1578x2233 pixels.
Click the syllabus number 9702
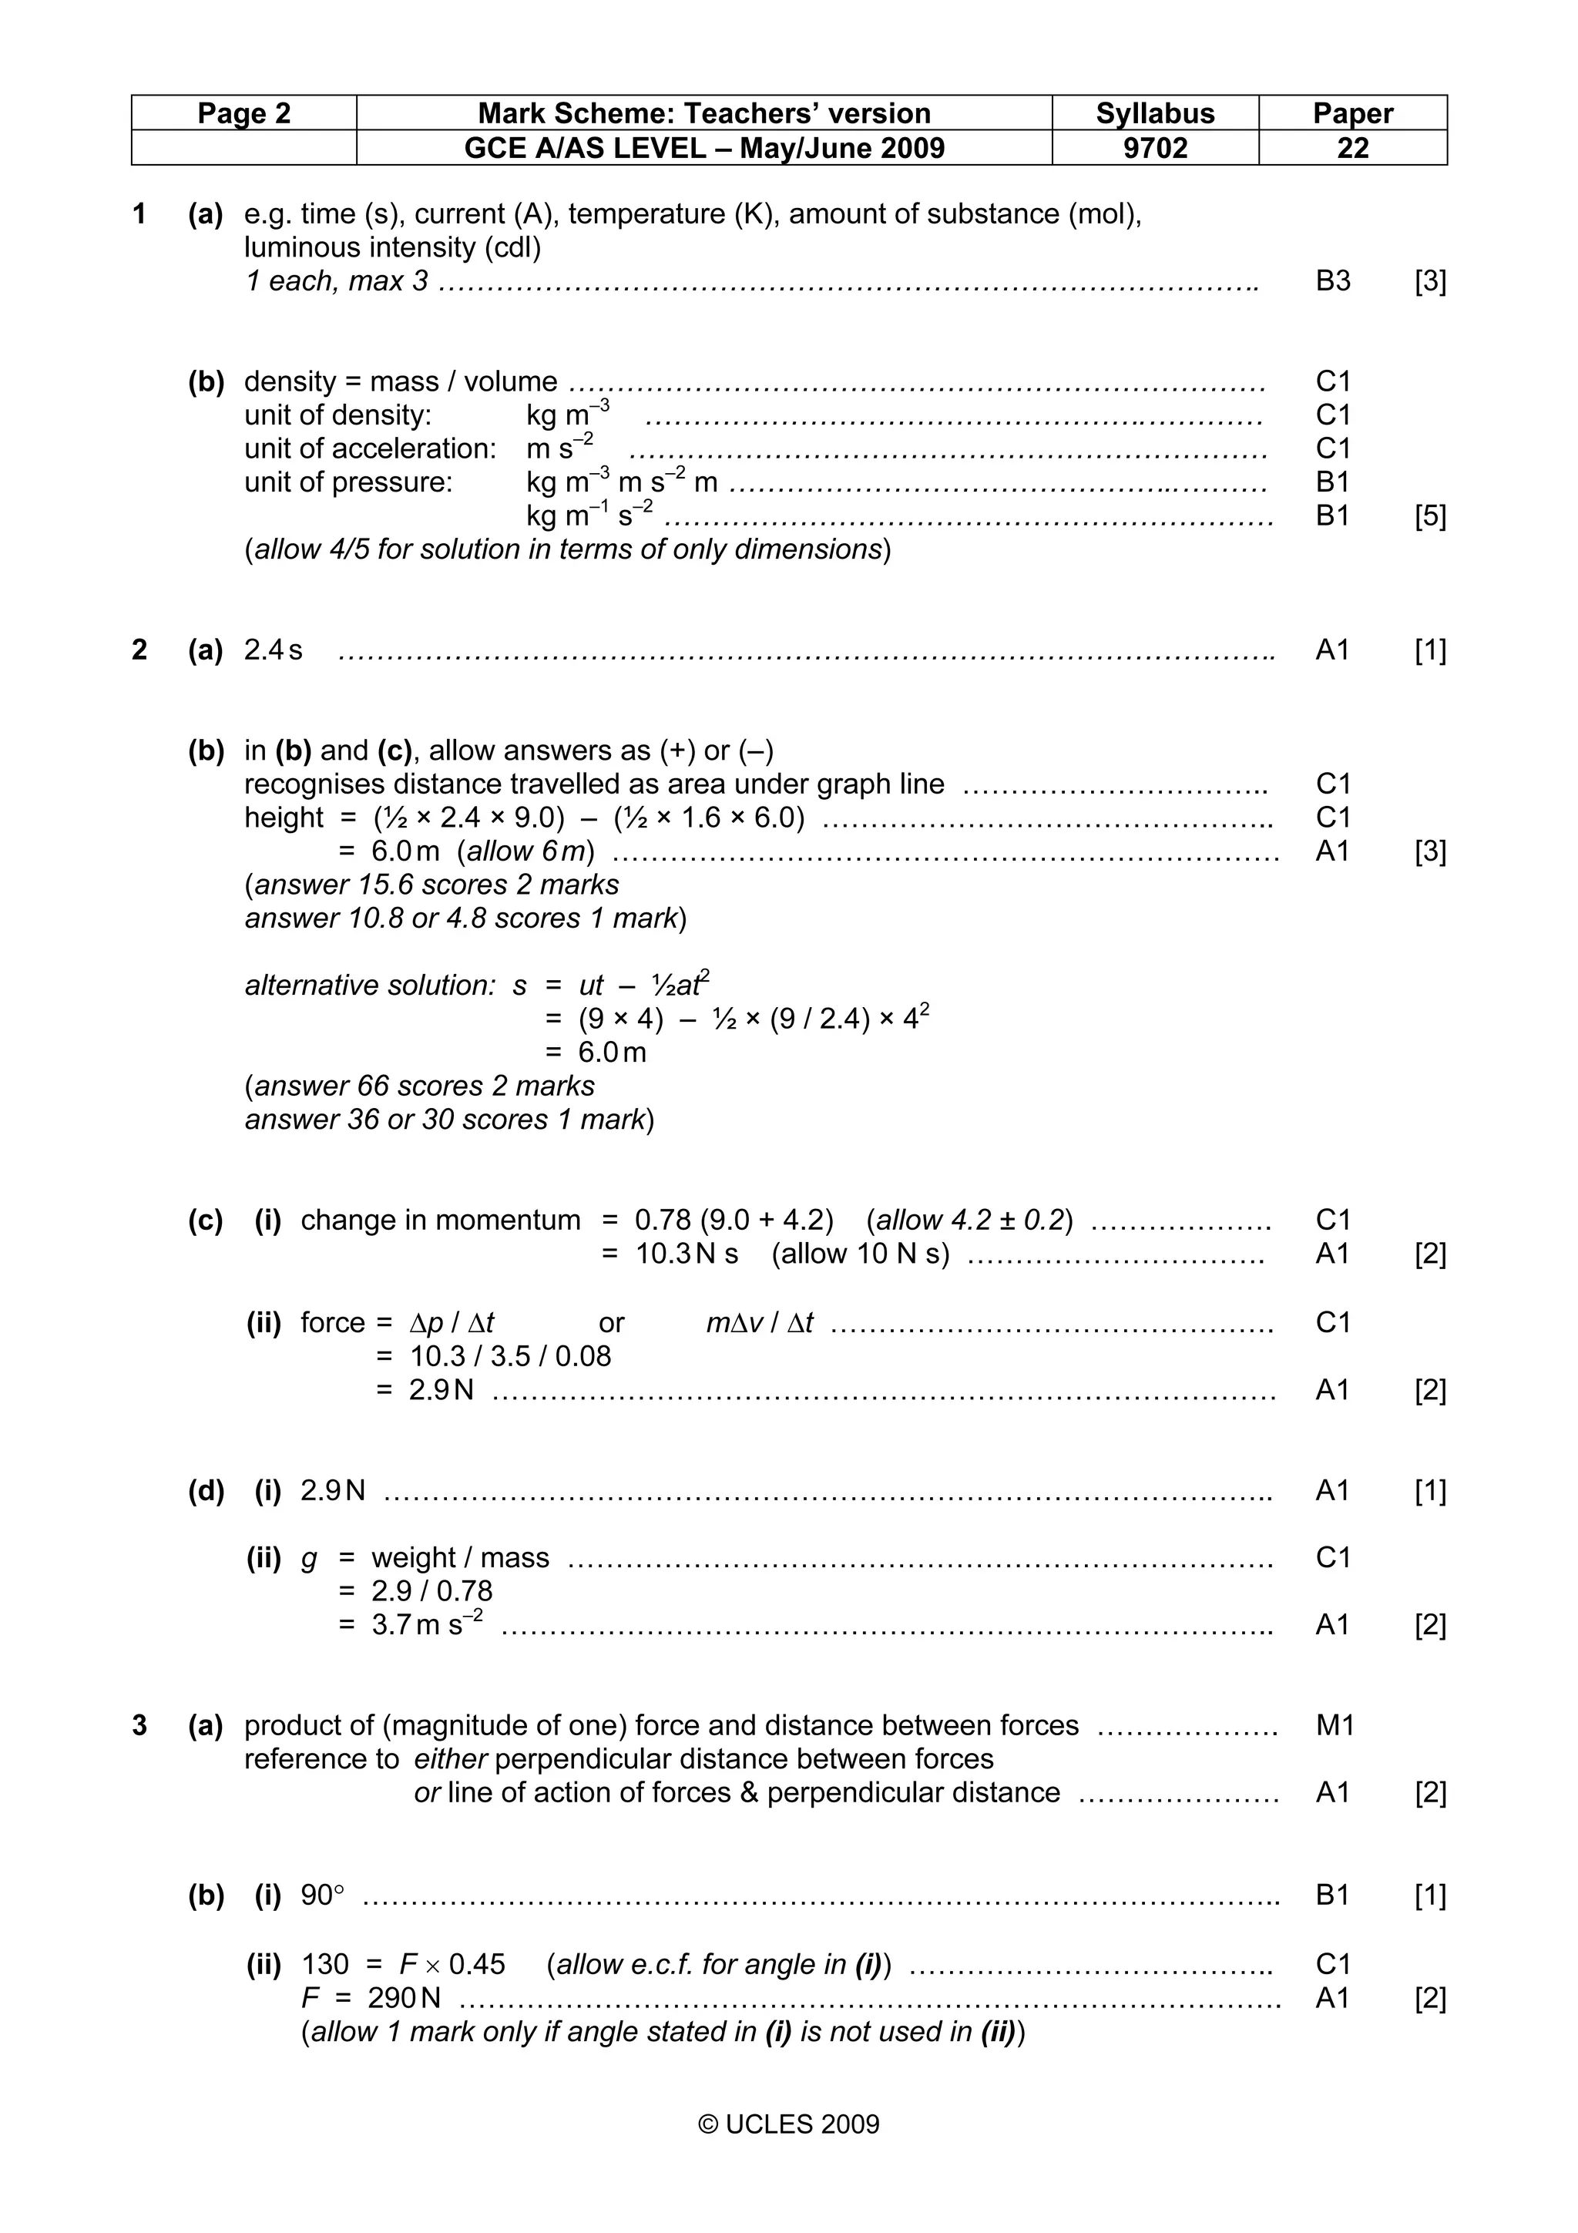(1154, 148)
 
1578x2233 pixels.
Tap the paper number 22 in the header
(1351, 148)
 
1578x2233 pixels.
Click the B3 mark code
(1332, 281)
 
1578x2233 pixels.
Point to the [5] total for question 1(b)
(1429, 515)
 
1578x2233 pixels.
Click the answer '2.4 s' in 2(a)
(274, 650)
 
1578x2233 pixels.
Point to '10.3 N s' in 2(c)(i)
(687, 1254)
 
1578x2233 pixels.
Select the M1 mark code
(1334, 1725)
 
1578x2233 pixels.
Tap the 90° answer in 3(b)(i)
(323, 1895)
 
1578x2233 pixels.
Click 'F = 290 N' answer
(371, 1998)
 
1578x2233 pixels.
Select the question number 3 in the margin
(140, 1725)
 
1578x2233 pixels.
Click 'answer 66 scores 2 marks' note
(420, 1086)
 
